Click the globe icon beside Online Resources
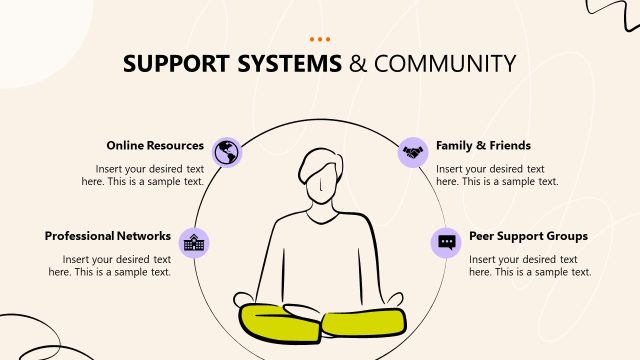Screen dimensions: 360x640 (228, 151)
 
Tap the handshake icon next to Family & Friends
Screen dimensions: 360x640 (412, 151)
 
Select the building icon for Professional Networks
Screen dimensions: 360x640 (194, 241)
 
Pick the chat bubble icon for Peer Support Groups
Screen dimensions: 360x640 (446, 241)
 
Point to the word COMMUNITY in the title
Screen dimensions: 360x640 (446, 64)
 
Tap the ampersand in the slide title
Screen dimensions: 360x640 (358, 64)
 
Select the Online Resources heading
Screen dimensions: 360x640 (155, 145)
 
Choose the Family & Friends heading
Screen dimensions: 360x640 (483, 145)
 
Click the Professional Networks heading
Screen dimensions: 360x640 (108, 237)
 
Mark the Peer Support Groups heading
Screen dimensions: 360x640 (528, 237)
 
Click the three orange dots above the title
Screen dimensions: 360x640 (320, 40)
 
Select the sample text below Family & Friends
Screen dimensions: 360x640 (497, 175)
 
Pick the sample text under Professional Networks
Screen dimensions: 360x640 (116, 265)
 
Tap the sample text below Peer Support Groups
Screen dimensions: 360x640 (530, 265)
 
